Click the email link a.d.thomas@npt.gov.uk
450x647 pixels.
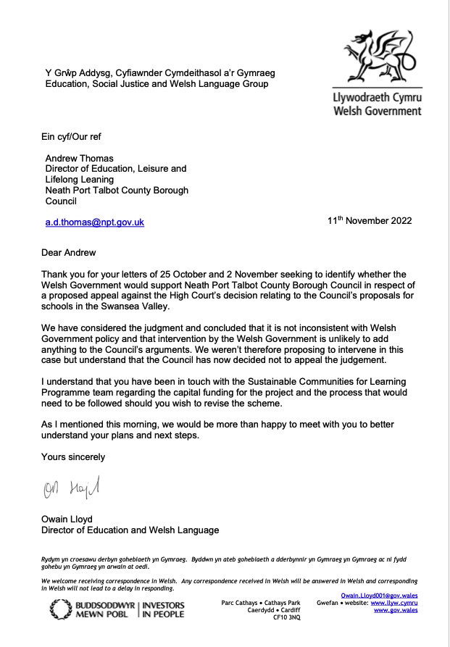click(x=94, y=222)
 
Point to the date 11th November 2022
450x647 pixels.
click(x=370, y=221)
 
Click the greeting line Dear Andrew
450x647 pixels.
click(x=73, y=254)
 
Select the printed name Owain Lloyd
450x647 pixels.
click(x=71, y=519)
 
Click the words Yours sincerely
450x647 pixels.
click(x=73, y=457)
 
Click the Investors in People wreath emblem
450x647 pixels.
click(x=61, y=609)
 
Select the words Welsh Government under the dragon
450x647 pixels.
click(x=377, y=111)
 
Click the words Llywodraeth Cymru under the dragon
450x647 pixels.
click(x=377, y=98)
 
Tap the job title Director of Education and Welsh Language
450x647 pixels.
click(x=130, y=530)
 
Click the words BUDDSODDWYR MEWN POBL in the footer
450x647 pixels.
click(x=104, y=609)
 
